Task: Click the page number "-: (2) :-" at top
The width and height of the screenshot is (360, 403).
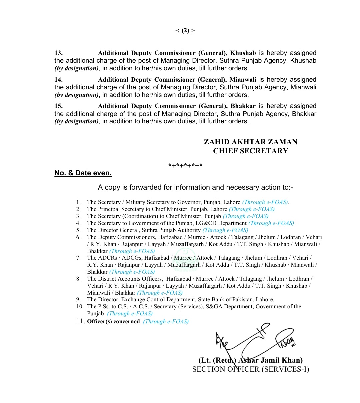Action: pyautogui.click(x=185, y=31)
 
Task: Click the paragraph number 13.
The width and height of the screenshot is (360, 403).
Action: pyautogui.click(x=58, y=53)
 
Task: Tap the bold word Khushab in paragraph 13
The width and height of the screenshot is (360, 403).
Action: pyautogui.click(x=243, y=53)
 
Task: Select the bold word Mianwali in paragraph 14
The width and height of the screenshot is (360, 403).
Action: pyautogui.click(x=243, y=80)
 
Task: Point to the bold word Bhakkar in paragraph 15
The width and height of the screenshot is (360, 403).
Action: pyautogui.click(x=243, y=106)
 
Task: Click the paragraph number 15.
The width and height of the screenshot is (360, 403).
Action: pyautogui.click(x=58, y=106)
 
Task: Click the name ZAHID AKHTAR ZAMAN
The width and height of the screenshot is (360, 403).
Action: pyautogui.click(x=250, y=142)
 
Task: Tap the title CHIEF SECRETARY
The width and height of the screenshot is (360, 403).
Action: pyautogui.click(x=250, y=151)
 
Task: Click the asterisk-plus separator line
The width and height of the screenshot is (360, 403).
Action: pyautogui.click(x=185, y=166)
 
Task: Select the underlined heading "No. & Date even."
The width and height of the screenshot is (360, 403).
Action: pyautogui.click(x=83, y=173)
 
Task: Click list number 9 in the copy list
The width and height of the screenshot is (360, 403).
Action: pyautogui.click(x=78, y=299)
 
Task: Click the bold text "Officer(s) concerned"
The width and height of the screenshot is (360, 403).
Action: pyautogui.click(x=113, y=322)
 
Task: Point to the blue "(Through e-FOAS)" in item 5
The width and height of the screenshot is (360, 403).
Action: pyautogui.click(x=225, y=230)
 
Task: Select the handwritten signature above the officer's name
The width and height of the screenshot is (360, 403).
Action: pyautogui.click(x=255, y=340)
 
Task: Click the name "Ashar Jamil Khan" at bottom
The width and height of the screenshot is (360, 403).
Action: pyautogui.click(x=270, y=360)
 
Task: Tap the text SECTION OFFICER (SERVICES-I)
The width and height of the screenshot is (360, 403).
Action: pyautogui.click(x=250, y=369)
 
